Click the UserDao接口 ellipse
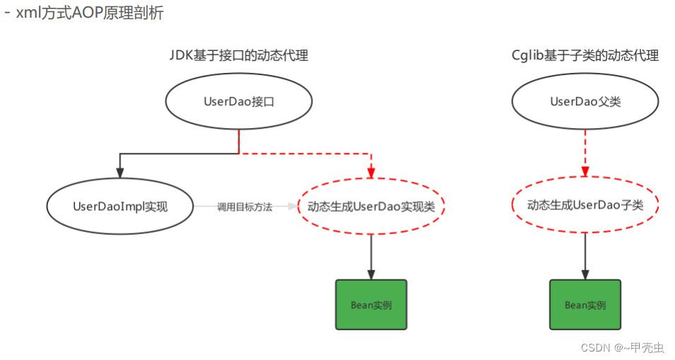pos(239,102)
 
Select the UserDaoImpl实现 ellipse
pos(119,207)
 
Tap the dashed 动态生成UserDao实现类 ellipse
pos(371,207)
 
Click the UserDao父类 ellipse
pos(585,102)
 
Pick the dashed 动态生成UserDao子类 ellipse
pos(585,205)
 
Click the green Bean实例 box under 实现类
pos(371,305)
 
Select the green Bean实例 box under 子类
pos(585,305)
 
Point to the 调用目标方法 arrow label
pos(245,207)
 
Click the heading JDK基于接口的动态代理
pos(239,56)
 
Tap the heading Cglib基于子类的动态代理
pos(585,56)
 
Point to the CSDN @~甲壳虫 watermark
pos(622,347)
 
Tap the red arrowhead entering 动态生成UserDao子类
pos(585,173)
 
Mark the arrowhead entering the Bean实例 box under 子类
pos(585,274)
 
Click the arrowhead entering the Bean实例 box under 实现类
pos(371,274)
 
